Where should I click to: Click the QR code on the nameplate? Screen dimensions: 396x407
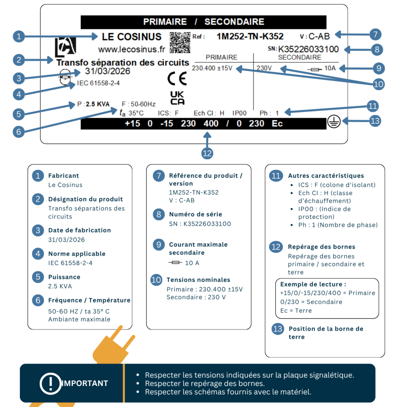pos(180,43)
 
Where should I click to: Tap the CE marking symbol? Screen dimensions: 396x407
pos(177,79)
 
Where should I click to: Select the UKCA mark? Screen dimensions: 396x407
pos(177,98)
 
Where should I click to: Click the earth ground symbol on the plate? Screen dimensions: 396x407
pos(334,122)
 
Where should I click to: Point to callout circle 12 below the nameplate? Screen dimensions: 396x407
pos(207,153)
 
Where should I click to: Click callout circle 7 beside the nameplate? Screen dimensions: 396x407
pos(375,35)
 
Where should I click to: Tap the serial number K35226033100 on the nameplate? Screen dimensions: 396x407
pos(308,49)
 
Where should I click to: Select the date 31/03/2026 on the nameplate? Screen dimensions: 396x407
pos(107,71)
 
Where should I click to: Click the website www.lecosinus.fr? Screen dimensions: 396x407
pos(132,49)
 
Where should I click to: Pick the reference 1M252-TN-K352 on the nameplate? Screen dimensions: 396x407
pos(250,36)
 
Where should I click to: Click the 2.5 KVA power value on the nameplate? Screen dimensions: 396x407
pos(98,104)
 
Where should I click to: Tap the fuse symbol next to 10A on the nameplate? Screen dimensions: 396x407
pos(315,69)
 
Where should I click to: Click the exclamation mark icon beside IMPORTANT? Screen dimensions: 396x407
pos(50,384)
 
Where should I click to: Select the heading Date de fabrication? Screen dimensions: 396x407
pos(80,230)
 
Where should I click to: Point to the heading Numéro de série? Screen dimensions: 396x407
pos(196,214)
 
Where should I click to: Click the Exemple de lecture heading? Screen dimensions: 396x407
pos(313,284)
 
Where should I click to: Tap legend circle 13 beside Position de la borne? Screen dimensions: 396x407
pos(278,329)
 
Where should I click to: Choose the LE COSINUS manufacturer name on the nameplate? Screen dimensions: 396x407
pos(132,37)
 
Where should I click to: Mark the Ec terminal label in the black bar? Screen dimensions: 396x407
pos(277,124)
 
